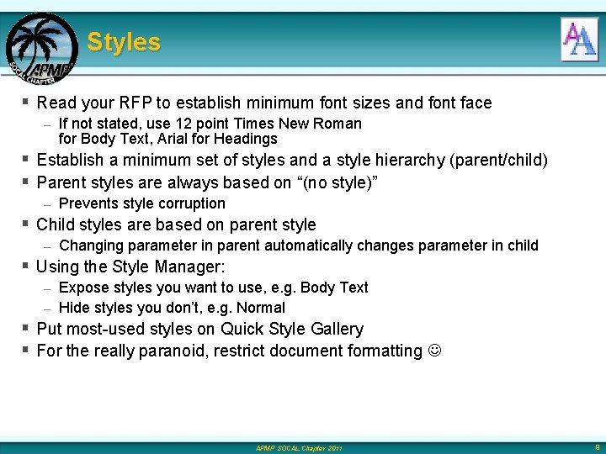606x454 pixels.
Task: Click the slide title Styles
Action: click(x=124, y=42)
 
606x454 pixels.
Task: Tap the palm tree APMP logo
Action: click(x=40, y=49)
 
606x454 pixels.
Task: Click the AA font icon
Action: click(x=579, y=40)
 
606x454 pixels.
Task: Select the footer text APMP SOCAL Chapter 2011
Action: click(x=299, y=448)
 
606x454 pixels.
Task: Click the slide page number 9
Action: click(x=596, y=447)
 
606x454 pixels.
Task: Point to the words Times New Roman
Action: click(x=311, y=124)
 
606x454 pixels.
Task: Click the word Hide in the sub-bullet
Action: click(x=74, y=308)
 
